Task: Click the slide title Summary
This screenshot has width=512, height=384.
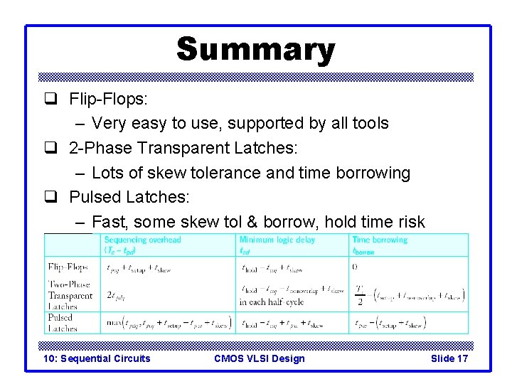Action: pos(255,50)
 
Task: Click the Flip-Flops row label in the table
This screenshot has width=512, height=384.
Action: pos(69,267)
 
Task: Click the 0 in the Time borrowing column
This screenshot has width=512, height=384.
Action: pos(355,267)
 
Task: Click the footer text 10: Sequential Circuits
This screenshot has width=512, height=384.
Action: pos(97,358)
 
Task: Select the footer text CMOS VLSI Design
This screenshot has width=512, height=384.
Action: pos(259,358)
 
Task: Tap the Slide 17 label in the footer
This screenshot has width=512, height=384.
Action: pos(449,358)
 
